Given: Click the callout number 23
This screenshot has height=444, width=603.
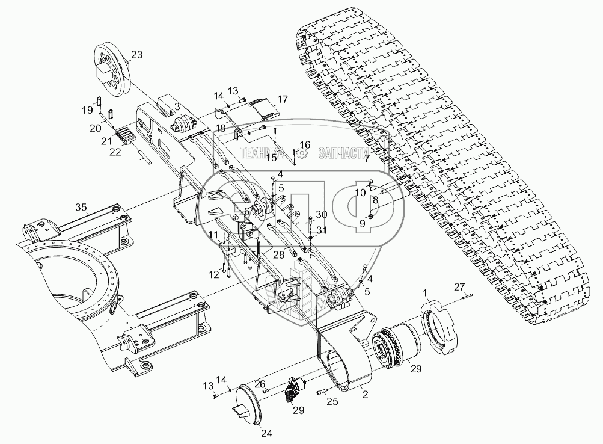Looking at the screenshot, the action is coord(136,55).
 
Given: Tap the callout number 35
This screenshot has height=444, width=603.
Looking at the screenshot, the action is coord(81,208).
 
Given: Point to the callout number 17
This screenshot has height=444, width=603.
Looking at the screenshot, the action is coord(283,99).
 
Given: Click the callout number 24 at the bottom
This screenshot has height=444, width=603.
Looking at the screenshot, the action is coord(266,434).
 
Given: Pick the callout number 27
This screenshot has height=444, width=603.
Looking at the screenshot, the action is coord(459,286).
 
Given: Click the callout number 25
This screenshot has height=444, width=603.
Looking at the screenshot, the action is coord(332,402).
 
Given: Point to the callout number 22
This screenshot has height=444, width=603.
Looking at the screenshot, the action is coord(115,152).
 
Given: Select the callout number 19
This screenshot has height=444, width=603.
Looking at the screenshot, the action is coord(88,110).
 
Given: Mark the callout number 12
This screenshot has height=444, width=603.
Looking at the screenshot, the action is coord(214,274).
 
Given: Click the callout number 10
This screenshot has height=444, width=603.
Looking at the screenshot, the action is coord(360,193).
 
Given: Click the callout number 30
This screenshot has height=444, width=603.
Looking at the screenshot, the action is coord(321,214).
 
